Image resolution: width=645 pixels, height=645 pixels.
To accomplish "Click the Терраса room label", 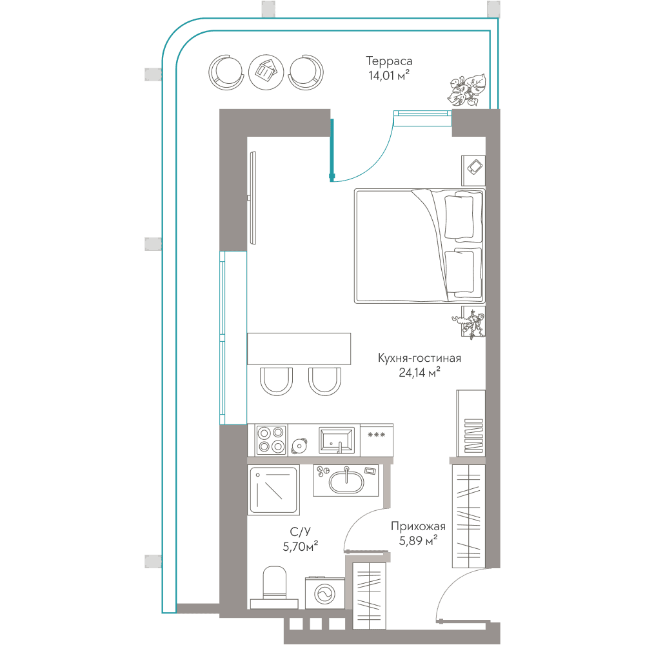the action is pos(389,61).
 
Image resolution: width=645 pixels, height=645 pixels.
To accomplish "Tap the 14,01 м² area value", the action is pos(389,75).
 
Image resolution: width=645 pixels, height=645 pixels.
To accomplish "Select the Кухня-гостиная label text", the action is pos(419,358).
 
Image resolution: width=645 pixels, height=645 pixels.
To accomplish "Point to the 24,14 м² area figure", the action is pos(419,372).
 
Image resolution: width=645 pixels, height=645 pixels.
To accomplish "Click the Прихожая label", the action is pos(418,526).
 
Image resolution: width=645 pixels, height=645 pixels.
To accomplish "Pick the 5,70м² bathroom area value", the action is pos(301,546).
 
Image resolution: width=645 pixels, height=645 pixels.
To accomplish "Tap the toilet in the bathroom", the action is pos(274,588).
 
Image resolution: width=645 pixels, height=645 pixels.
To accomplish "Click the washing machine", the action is pos(325,593).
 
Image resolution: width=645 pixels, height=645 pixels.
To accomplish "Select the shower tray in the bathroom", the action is pos(273,490).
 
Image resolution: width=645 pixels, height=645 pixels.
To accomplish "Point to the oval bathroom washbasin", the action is pos(346,481).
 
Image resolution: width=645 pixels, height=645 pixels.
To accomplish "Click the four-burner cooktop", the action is pos(271,440).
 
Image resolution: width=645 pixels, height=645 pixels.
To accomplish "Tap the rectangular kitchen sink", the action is pos(337,440).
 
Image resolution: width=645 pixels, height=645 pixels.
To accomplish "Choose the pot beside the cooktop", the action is pos(299,446).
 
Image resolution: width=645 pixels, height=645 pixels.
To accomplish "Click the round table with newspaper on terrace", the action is pos(266,72).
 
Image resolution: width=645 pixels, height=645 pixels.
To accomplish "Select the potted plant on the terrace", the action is pos(467,90).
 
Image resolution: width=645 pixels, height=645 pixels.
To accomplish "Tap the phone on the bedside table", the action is pos(475,167).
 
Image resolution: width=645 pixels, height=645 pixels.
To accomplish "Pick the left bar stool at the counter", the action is pos(276,381).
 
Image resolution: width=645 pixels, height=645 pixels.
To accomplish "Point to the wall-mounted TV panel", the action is pos(253,198).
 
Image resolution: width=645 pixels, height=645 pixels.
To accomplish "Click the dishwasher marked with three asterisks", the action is pos(377,440).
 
